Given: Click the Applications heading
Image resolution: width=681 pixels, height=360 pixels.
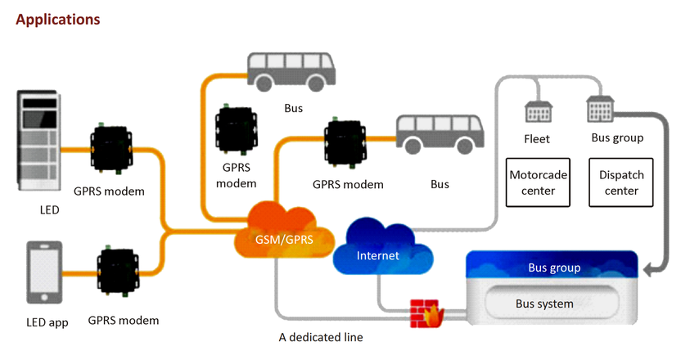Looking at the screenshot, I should pos(58,18).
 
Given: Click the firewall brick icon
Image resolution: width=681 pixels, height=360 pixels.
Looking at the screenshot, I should pos(425,313).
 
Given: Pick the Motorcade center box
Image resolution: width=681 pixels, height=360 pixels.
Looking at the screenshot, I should pos(538,182).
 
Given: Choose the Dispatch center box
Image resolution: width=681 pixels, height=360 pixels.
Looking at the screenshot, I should pos(621,182).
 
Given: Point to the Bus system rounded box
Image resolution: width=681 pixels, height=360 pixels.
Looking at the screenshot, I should pos(543,304).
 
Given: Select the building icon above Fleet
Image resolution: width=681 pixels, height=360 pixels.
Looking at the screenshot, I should pos(537,110).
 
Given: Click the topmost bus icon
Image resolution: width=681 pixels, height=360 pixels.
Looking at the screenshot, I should pos(291,71).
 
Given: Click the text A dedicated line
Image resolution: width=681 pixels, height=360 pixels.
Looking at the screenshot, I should pos(320,336).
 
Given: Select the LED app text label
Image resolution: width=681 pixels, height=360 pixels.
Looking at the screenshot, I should pos(47,322).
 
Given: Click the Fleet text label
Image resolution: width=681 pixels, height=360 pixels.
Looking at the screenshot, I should pos(536,139).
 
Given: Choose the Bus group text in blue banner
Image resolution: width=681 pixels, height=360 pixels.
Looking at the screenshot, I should pos(554,268).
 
